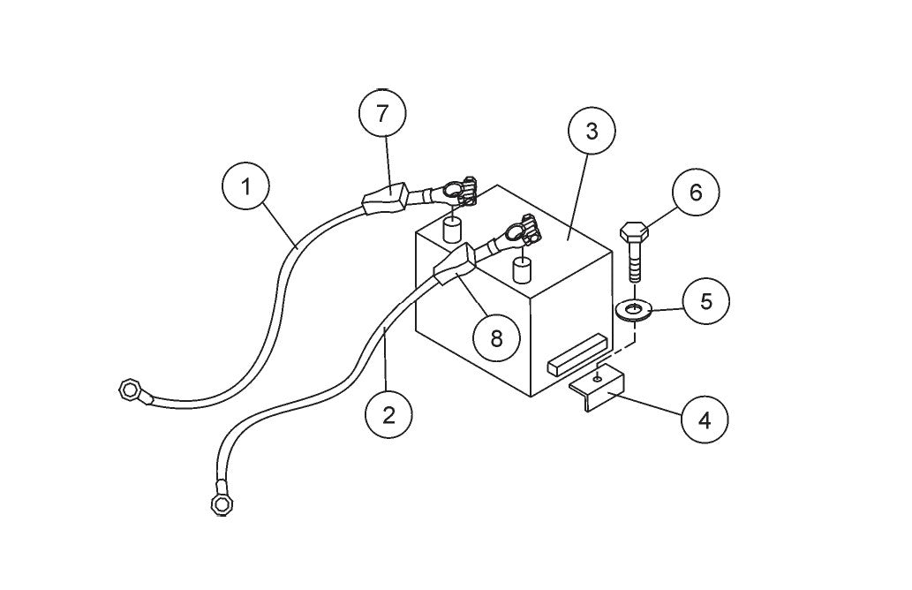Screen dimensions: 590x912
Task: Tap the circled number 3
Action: (x=591, y=132)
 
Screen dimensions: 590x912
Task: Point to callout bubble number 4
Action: (x=704, y=420)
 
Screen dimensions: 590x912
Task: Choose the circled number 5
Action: (x=705, y=301)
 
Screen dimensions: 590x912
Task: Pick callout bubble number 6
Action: (x=695, y=193)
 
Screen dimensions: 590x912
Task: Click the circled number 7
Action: (x=382, y=114)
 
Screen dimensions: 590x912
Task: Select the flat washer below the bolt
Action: (x=633, y=309)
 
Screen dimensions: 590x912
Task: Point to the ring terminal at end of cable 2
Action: (x=221, y=503)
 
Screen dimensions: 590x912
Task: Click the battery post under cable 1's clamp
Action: (x=453, y=231)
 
